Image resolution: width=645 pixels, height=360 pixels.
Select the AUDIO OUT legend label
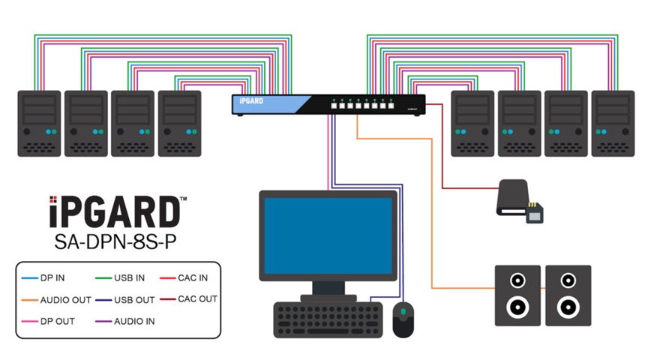(66, 300)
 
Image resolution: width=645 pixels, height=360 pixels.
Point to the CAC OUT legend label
(197, 299)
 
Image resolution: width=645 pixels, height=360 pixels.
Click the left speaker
(517, 295)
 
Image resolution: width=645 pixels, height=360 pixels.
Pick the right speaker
(568, 295)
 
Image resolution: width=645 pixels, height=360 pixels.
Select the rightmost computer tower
(613, 123)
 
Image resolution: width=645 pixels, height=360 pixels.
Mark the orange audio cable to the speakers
(433, 225)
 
